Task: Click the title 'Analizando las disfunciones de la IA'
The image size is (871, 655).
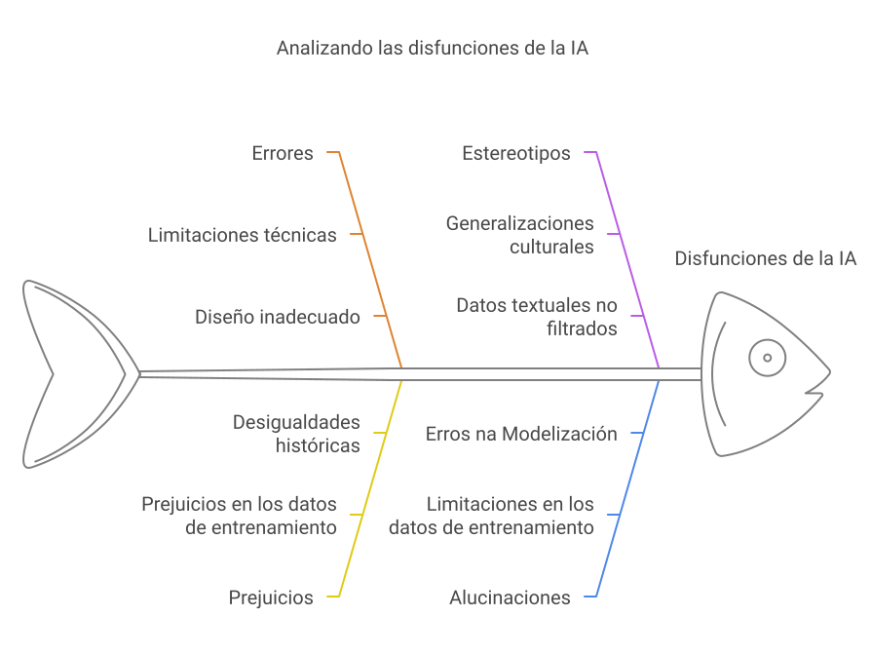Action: pos(433,48)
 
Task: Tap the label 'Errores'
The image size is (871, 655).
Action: pos(283,153)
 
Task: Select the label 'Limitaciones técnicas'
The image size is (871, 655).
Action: pos(243,235)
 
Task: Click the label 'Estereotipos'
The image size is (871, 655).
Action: pos(515,153)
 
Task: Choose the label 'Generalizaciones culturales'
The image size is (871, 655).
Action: pos(520,235)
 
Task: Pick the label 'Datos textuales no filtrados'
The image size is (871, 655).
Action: pos(537,317)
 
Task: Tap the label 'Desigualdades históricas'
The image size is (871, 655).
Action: pos(296,434)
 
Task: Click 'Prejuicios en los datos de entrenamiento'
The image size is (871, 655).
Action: pos(240,516)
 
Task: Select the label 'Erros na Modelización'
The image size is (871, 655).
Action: pos(521,434)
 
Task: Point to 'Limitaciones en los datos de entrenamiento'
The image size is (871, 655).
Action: pos(492,516)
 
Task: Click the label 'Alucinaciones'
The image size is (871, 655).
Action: pos(510,597)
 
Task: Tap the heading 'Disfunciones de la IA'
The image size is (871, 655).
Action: pos(765,258)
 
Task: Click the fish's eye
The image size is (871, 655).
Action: pos(768,358)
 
